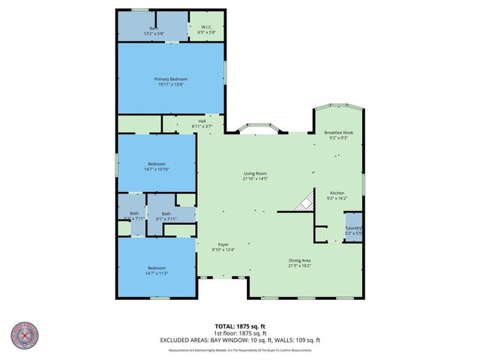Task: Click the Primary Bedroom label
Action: tap(171, 79)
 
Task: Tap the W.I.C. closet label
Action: tap(206, 28)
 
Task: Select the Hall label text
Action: tap(202, 121)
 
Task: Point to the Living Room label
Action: tap(255, 173)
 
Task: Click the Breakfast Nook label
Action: tap(338, 133)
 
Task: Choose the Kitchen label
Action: tap(337, 193)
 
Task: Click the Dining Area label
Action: tap(300, 260)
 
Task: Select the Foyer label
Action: tap(223, 244)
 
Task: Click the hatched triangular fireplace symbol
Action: tap(304, 202)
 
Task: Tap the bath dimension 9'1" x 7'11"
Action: tap(166, 219)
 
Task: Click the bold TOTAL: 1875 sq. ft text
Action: tap(239, 326)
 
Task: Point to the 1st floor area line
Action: tap(239, 333)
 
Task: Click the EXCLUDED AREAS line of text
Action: tap(239, 340)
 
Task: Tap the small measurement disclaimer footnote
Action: tap(239, 349)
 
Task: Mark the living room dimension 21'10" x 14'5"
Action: tap(255, 178)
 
